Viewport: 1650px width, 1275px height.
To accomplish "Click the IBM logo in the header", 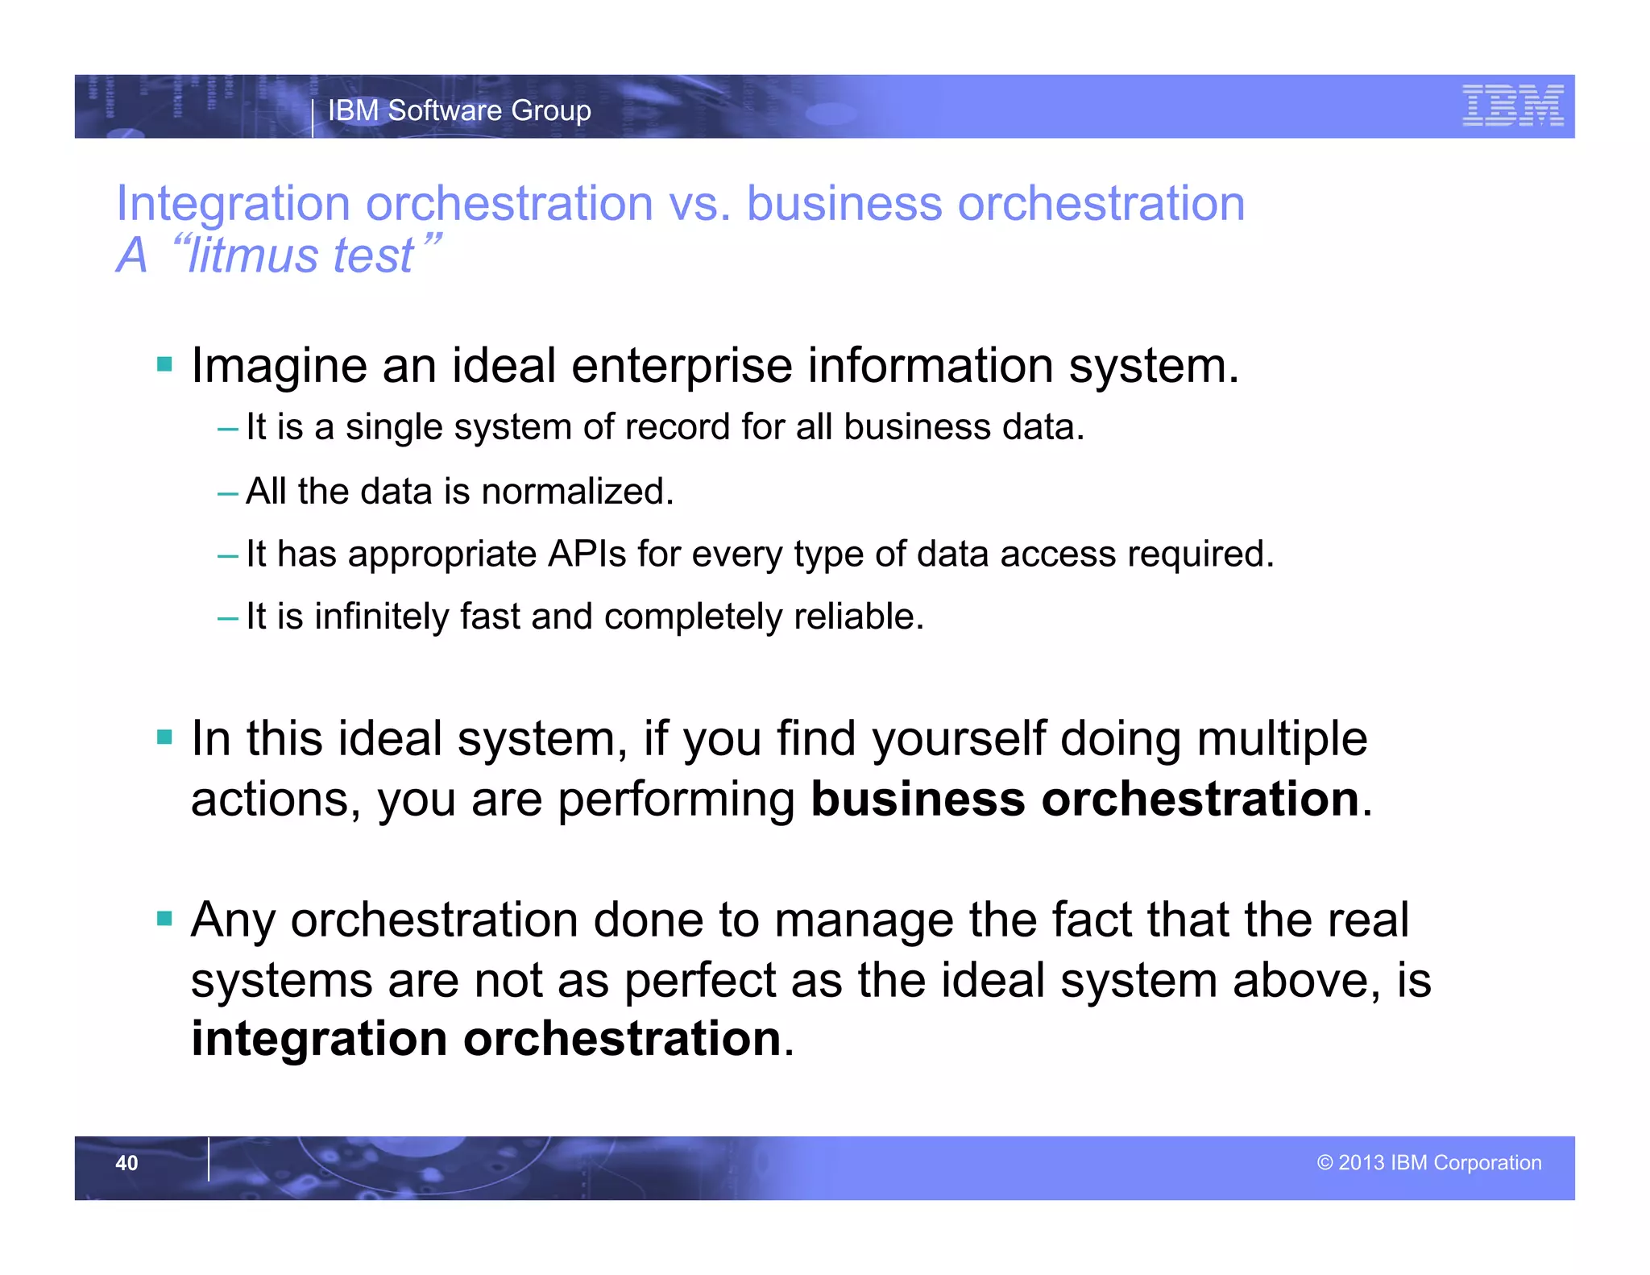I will (1512, 106).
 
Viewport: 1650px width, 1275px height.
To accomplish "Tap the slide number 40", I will (126, 1163).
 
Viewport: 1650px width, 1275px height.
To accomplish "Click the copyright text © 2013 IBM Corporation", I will (1428, 1162).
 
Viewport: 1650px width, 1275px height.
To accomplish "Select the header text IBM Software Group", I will (459, 110).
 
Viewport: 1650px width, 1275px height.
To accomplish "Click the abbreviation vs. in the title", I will (699, 203).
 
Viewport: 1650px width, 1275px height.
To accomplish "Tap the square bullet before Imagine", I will (165, 364).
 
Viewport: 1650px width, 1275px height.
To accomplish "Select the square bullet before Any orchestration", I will (165, 919).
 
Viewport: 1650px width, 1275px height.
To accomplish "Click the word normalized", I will (577, 491).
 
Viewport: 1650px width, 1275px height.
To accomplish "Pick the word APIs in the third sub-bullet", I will (587, 554).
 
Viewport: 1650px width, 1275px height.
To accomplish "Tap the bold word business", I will (918, 799).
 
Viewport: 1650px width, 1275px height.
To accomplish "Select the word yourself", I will (958, 739).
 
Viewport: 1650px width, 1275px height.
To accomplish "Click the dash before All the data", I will (228, 492).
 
